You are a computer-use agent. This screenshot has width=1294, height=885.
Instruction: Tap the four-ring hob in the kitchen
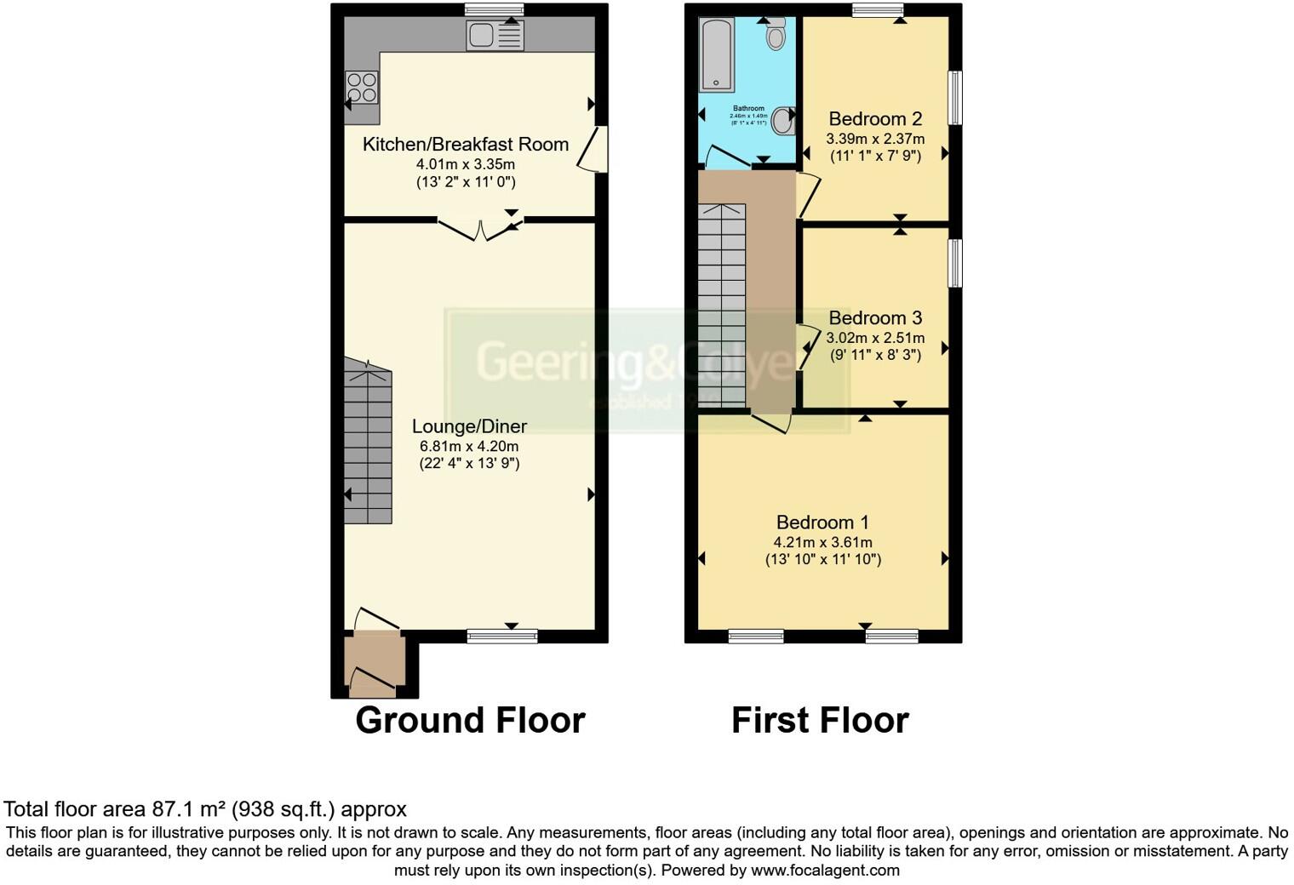[361, 88]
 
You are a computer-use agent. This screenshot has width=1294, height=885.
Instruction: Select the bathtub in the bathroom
[716, 54]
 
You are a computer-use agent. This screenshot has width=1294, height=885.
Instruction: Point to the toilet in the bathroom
[775, 36]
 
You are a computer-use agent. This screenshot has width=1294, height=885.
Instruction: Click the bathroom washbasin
[786, 121]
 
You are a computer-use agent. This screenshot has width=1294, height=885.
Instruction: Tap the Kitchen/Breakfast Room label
[466, 145]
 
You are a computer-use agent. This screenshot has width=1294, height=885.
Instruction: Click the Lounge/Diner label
[469, 427]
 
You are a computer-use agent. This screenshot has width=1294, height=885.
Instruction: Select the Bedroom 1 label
[822, 522]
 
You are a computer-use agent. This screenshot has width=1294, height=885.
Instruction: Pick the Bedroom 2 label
[875, 119]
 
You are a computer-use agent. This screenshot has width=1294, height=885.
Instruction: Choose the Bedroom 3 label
[875, 318]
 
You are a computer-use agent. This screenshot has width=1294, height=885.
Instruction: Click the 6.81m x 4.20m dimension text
[469, 446]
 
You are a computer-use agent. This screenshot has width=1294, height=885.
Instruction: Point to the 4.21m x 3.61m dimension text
[822, 542]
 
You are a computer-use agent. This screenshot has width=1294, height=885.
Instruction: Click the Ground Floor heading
[470, 721]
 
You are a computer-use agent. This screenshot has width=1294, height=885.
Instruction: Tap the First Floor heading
[820, 721]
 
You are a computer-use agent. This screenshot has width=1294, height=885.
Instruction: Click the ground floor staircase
[368, 442]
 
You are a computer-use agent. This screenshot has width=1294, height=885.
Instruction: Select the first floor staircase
[722, 306]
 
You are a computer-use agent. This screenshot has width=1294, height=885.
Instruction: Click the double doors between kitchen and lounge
[480, 228]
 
